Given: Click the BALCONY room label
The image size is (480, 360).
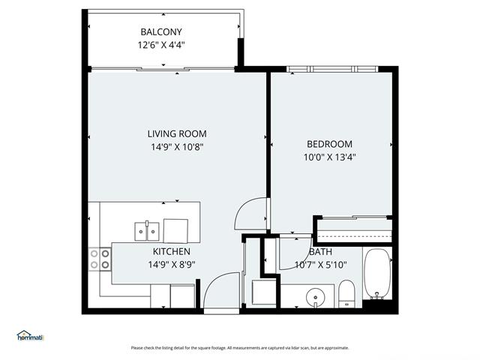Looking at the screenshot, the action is (161, 31).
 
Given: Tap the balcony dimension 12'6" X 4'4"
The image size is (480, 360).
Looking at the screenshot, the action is (161, 45).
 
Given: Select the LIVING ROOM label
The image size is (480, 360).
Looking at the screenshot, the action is (177, 133).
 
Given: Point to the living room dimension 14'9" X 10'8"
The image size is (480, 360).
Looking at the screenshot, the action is (177, 147).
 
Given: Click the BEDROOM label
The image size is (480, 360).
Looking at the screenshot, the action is (329, 144).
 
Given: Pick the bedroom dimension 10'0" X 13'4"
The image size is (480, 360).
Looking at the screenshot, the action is (329, 157).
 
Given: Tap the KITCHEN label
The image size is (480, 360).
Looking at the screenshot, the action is (172, 252).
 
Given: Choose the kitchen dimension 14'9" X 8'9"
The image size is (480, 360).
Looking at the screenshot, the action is (172, 264).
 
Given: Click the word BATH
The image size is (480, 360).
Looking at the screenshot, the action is (320, 252).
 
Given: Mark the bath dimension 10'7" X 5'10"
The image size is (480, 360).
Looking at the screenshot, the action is (320, 265).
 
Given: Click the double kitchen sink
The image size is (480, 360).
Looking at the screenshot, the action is (147, 231).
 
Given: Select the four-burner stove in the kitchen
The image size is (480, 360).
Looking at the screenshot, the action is (100, 259).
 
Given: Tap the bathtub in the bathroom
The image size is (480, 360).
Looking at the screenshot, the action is (377, 274).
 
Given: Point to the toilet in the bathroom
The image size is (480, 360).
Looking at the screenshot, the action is (346, 293).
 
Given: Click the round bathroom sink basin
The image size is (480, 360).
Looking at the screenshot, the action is (316, 297).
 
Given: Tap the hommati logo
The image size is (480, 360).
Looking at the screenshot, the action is (30, 336).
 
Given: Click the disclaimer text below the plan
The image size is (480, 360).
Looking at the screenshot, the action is (240, 348).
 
